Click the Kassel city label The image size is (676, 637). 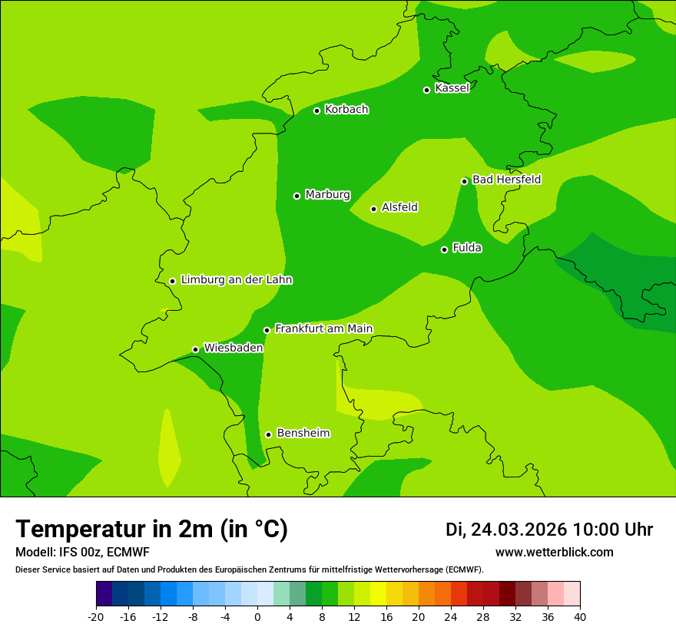tap(452, 88)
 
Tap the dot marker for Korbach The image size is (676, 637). tap(316, 111)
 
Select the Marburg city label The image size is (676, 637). tap(327, 195)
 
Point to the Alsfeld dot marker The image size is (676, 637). tap(373, 209)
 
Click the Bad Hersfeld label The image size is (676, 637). tap(506, 180)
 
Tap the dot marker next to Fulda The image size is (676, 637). tap(444, 249)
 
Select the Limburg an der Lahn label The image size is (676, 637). tap(236, 280)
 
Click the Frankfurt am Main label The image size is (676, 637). tap(323, 329)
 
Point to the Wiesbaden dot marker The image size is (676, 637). tap(195, 350)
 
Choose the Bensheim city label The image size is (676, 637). tap(303, 434)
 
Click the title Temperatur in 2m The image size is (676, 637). tap(152, 530)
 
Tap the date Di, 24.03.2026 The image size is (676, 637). tap(506, 530)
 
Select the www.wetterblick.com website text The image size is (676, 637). tap(554, 553)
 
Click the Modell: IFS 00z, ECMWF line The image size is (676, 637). tap(82, 553)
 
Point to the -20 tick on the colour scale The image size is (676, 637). tap(96, 616)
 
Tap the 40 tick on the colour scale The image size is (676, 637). tap(580, 616)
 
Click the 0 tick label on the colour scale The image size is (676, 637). tap(257, 616)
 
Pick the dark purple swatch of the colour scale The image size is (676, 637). tap(104, 594)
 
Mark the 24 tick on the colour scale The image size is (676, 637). tap(451, 616)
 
